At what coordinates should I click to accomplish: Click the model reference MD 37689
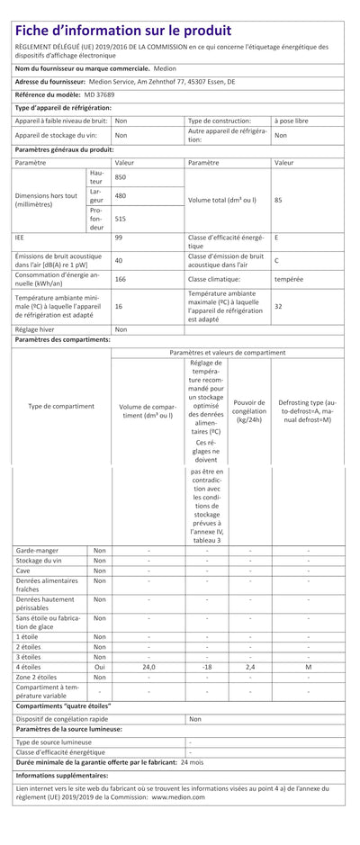pos(101,94)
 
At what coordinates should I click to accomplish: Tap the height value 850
pos(121,177)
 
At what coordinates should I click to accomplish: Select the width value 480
pos(121,195)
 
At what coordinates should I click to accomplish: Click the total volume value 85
pos(278,199)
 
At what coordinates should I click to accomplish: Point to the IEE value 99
pos(119,238)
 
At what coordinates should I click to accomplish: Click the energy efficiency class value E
pos(276,238)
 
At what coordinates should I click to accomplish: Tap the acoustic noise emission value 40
pos(119,260)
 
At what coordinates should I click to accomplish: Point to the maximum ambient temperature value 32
pos(278,306)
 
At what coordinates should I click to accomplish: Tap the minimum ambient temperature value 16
pos(119,306)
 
